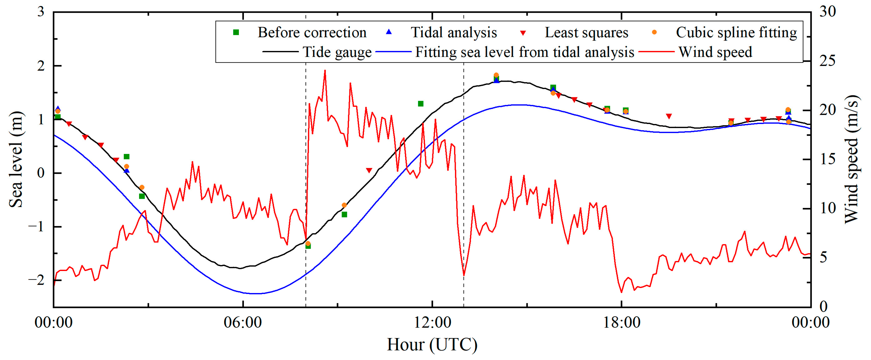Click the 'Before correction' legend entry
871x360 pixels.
311,32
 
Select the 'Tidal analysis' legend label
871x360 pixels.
454,32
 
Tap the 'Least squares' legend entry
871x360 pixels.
586,32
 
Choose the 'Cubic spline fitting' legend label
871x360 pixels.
736,32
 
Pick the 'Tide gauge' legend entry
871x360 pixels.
337,52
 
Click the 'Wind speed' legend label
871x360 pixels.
715,52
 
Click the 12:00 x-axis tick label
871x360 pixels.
432,322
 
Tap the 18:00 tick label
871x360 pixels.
621,322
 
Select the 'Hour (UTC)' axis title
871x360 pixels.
432,345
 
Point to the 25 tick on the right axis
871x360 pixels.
827,61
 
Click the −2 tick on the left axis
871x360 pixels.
37,280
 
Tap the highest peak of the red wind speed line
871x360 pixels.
325,71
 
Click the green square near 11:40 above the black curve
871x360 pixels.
421,104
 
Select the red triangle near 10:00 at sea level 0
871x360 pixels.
369,170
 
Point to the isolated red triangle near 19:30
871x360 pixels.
668,116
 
